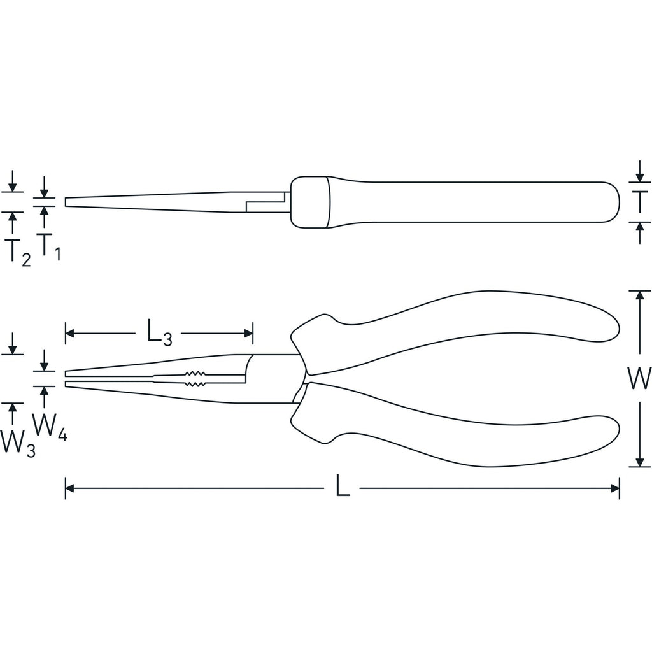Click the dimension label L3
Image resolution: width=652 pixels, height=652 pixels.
click(160, 332)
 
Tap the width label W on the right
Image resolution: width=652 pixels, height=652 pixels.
click(639, 378)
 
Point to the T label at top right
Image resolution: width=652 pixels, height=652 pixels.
click(640, 202)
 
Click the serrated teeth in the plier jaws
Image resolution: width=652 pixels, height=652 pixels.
click(195, 378)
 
